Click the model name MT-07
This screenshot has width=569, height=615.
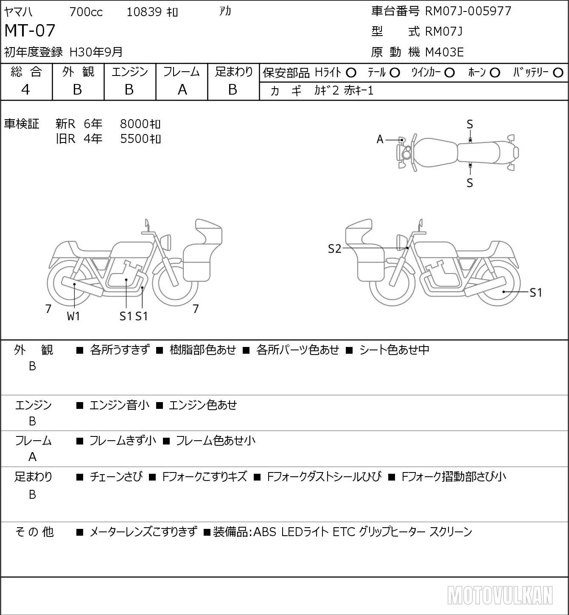(30, 31)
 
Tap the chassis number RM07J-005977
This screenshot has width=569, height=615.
(468, 11)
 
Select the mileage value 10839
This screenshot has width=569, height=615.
(144, 12)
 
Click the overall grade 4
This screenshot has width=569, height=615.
(25, 89)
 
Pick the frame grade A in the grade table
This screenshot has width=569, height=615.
(182, 89)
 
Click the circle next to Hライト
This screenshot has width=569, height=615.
(351, 73)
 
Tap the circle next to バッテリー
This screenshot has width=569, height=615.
(558, 73)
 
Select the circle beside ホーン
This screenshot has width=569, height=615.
(495, 73)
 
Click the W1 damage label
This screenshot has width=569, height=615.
(73, 316)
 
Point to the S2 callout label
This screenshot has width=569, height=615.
(334, 249)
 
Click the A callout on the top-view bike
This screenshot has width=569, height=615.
(380, 140)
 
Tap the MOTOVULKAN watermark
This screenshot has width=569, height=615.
(500, 595)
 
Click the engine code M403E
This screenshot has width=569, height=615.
(444, 52)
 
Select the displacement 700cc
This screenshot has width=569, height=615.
(86, 12)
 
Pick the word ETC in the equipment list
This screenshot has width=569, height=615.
(344, 532)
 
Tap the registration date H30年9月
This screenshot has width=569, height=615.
(96, 52)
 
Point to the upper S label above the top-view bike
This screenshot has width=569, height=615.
(470, 125)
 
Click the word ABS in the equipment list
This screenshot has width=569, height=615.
(265, 532)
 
